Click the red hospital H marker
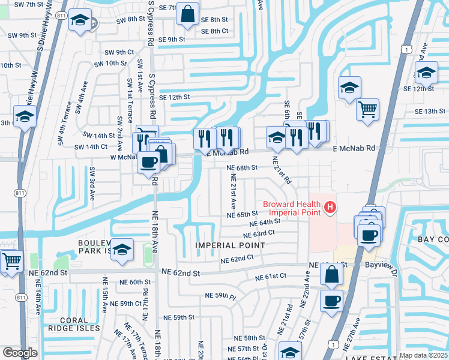pyautogui.click(x=330, y=208)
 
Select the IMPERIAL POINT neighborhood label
pyautogui.click(x=229, y=245)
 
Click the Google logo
pyautogui.click(x=20, y=353)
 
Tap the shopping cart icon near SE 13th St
pyautogui.click(x=367, y=110)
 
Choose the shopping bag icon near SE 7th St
pyautogui.click(x=188, y=14)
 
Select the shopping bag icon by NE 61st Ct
pyautogui.click(x=331, y=274)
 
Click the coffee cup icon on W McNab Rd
pyautogui.click(x=148, y=161)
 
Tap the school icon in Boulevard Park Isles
pyautogui.click(x=122, y=250)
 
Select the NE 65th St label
pyautogui.click(x=242, y=214)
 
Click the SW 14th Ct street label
pyautogui.click(x=91, y=147)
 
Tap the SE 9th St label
pyautogui.click(x=167, y=40)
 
